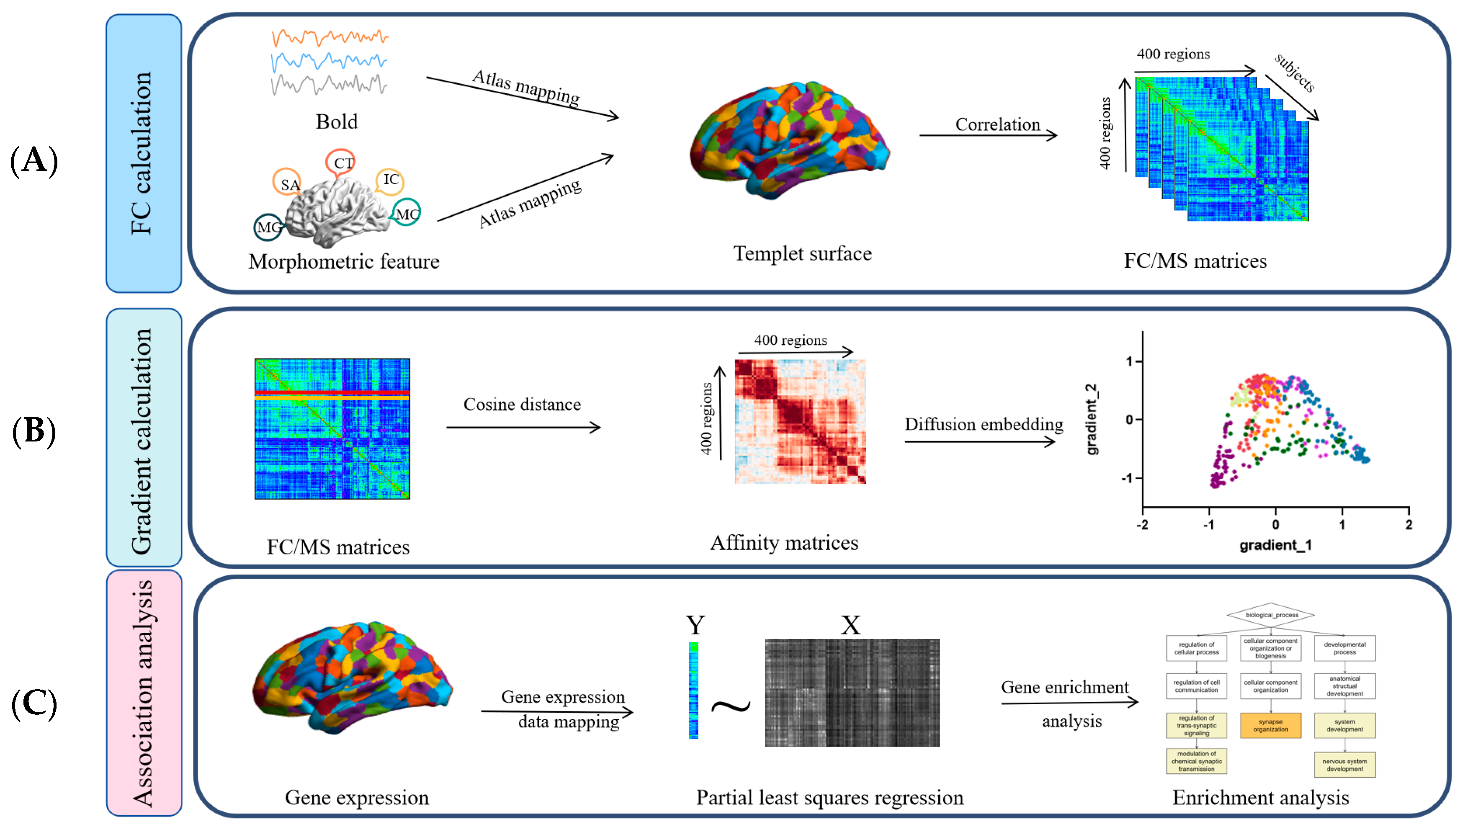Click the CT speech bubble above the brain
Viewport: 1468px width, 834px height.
coord(342,163)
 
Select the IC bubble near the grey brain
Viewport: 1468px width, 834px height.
coord(391,180)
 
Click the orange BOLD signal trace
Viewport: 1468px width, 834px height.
coord(330,38)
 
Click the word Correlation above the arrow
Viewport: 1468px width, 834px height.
coord(997,124)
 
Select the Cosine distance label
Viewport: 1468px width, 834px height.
coord(521,404)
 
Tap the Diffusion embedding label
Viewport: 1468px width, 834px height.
coord(983,424)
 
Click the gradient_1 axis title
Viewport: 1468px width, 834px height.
coord(1275,545)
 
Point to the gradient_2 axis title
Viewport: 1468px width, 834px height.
coord(1092,419)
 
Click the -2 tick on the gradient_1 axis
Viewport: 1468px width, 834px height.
coord(1142,525)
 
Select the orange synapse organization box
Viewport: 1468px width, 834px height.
coord(1270,725)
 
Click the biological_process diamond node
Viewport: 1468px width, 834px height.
coord(1270,615)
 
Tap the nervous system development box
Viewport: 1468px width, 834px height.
coord(1344,765)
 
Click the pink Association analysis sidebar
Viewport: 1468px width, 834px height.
coord(143,693)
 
